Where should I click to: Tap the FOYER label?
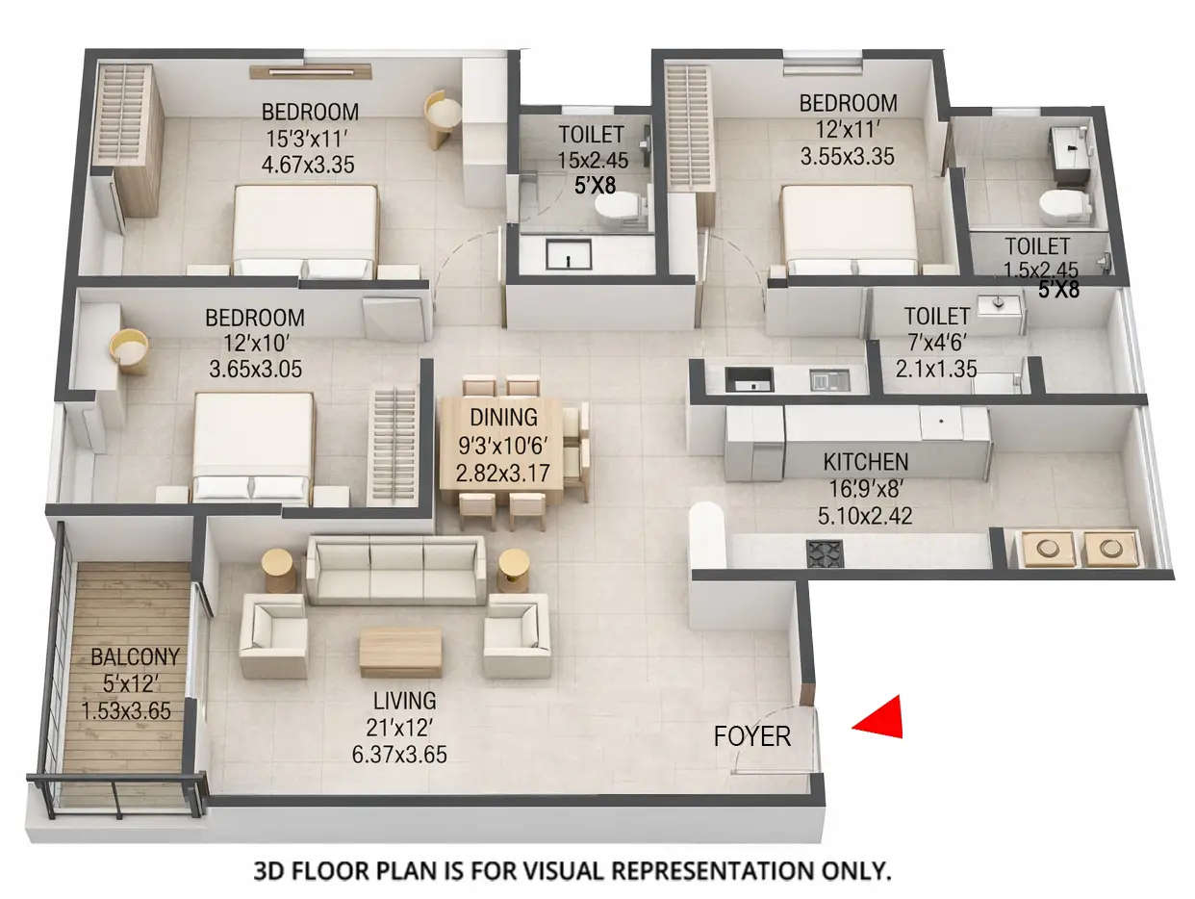(x=751, y=737)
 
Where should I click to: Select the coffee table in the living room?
(x=400, y=652)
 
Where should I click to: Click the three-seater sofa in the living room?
(x=396, y=569)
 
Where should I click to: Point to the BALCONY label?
(x=135, y=658)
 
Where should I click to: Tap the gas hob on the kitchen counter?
(x=824, y=553)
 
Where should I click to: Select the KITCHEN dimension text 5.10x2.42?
(x=864, y=517)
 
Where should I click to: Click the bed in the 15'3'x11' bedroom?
(x=305, y=229)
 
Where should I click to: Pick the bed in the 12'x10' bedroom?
(x=252, y=444)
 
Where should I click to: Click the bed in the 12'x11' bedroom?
(x=848, y=227)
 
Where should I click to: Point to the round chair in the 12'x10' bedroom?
(x=129, y=350)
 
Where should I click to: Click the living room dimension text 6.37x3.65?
(x=399, y=754)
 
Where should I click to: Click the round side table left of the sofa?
(x=279, y=569)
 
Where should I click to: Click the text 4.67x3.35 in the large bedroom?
(x=308, y=165)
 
